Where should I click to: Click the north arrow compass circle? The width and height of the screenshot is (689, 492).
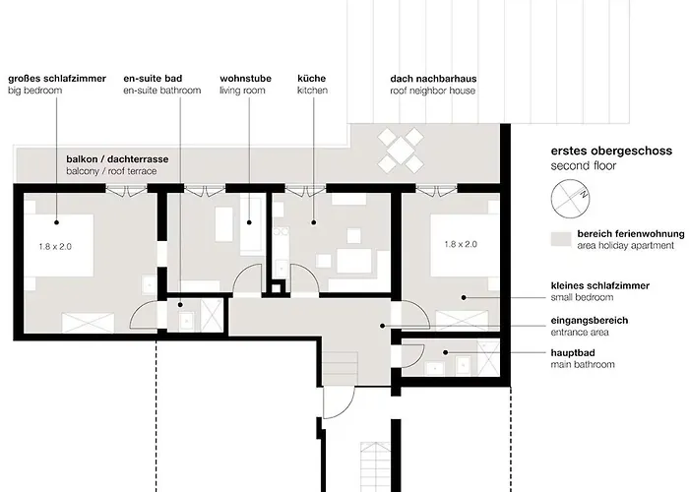pos(552,199)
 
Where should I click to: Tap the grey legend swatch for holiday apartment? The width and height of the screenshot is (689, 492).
pos(561,239)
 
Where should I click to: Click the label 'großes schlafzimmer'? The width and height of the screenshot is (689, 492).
pos(57,79)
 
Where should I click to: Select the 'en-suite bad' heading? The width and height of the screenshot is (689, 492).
pos(153,79)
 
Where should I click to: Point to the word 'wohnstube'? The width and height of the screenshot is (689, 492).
pos(246,79)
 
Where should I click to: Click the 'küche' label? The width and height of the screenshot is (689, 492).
pos(312,79)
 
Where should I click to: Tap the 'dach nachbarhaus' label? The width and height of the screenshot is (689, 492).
pos(433,79)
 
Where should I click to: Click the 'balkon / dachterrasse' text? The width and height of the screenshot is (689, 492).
pos(117,159)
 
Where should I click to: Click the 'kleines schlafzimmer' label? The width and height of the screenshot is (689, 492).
pos(600,285)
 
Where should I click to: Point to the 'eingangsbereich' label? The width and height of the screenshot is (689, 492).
pos(590,321)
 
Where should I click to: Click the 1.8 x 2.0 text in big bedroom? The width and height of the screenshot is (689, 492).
pos(55,246)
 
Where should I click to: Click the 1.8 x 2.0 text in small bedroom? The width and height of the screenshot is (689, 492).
pos(461,244)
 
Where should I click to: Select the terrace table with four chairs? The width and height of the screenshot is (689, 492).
pos(401,150)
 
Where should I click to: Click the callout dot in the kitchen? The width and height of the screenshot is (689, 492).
pos(314,222)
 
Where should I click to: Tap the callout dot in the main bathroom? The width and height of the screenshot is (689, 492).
pos(446,352)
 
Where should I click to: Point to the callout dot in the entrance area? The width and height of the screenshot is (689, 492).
pos(383,326)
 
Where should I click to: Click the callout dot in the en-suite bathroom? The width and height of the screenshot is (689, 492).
pos(180,305)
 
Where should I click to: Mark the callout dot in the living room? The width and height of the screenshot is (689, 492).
pos(249,222)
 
